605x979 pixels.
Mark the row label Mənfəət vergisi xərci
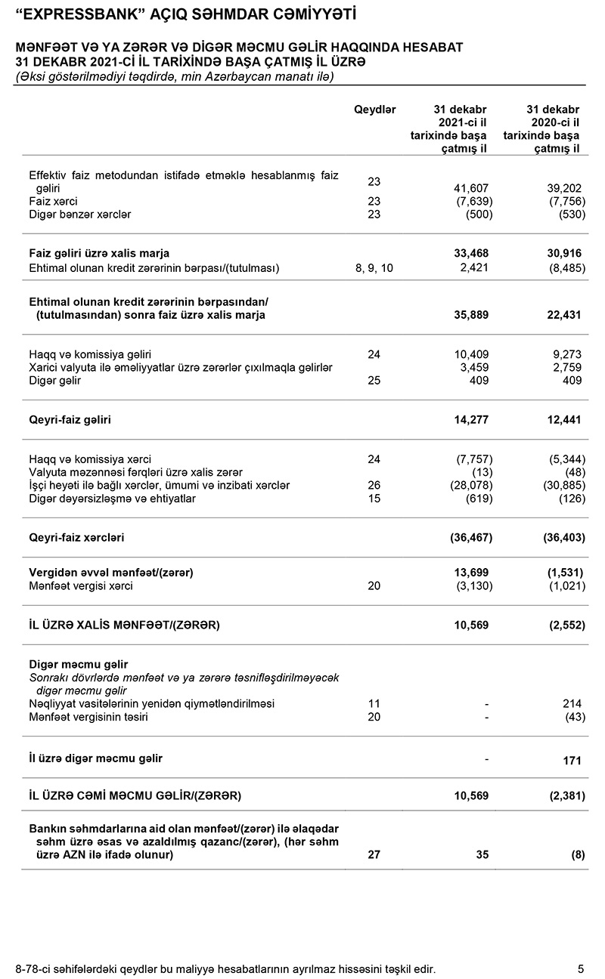[81, 586]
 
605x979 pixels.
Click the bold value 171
[571, 760]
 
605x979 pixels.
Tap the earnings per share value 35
[482, 855]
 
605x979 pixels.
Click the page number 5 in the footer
[580, 968]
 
